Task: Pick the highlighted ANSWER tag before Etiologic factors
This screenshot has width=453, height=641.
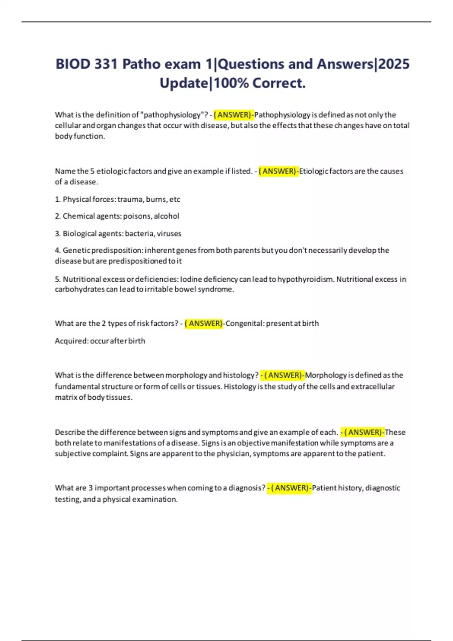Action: click(279, 171)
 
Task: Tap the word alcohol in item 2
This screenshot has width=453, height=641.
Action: click(166, 216)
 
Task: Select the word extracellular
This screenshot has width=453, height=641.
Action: click(373, 386)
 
